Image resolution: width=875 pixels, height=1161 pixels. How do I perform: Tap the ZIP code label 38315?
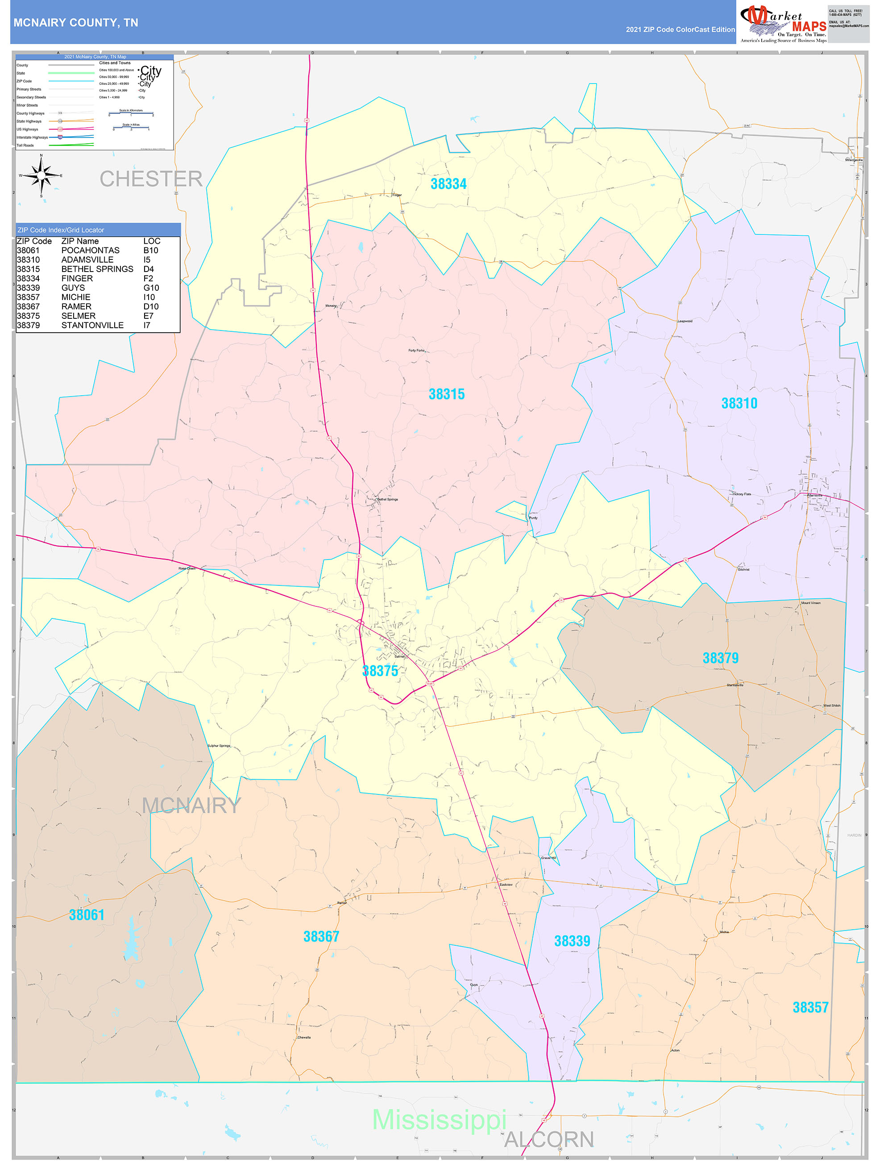click(446, 394)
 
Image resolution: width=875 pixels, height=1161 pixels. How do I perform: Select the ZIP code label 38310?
click(739, 403)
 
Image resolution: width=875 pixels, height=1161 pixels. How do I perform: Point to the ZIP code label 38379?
click(720, 658)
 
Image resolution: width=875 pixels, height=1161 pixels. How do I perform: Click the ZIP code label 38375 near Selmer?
click(380, 671)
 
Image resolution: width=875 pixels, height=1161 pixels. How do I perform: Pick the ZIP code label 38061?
click(87, 915)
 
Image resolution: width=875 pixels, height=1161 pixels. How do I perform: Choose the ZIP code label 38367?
click(321, 936)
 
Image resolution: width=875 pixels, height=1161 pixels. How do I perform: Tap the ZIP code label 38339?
click(572, 941)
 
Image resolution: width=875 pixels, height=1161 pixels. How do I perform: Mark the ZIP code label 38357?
click(810, 1007)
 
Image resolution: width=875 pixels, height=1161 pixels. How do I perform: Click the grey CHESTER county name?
click(151, 179)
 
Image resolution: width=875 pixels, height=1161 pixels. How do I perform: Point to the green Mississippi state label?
click(439, 1119)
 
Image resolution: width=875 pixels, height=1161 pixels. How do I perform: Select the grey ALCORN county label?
click(549, 1140)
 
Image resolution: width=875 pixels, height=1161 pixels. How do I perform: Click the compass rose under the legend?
click(41, 176)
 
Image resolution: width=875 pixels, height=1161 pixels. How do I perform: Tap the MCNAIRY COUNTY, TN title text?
click(75, 23)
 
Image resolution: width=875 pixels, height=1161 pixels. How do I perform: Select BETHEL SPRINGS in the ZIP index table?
click(97, 269)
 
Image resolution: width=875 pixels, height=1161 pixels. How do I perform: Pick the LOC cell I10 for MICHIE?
click(149, 297)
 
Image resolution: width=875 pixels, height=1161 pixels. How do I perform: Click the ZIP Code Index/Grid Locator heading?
click(61, 230)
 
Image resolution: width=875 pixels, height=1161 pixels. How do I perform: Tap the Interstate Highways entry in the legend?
click(32, 138)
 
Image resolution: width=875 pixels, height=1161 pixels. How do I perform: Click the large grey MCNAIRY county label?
click(191, 805)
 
